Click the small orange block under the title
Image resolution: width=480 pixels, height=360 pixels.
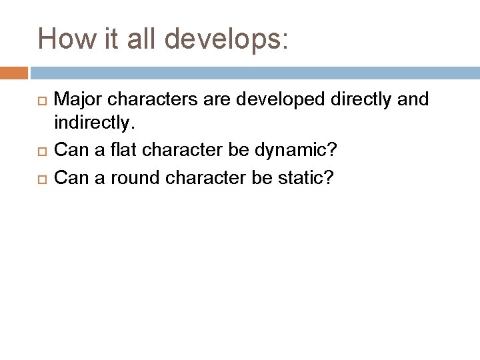(14, 71)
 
